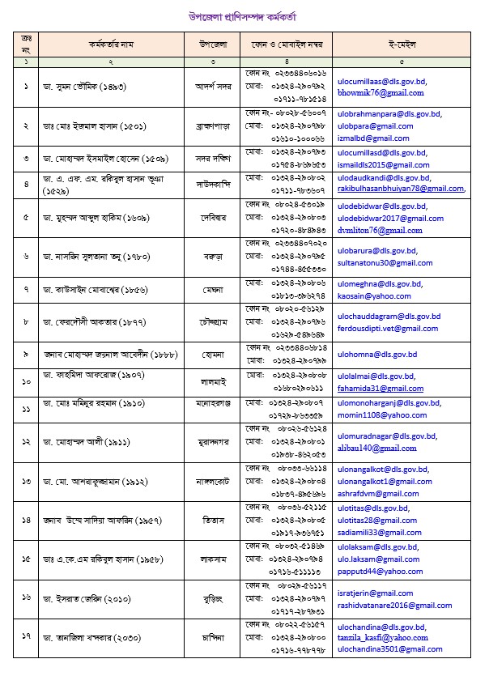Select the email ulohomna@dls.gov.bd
pos(364,354)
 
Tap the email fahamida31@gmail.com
pos(368,389)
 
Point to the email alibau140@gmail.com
pos(364,448)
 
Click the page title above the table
pos(243,15)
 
